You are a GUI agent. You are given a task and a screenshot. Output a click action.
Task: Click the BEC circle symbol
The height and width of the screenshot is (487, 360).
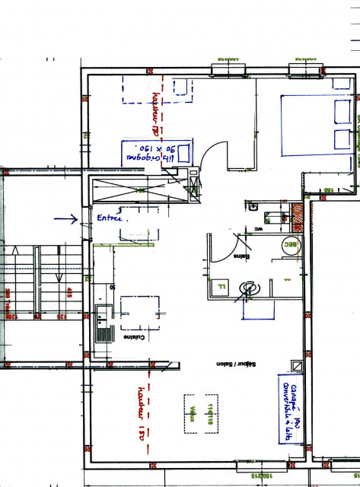tap(289, 244)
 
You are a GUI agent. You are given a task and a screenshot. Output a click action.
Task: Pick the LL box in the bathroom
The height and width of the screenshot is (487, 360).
tap(221, 286)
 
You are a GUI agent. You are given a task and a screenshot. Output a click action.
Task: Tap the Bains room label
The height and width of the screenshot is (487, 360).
tap(242, 256)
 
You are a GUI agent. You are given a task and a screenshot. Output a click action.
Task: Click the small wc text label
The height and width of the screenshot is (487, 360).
tap(258, 227)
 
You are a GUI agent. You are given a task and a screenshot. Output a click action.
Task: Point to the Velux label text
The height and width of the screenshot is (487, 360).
tap(195, 413)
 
